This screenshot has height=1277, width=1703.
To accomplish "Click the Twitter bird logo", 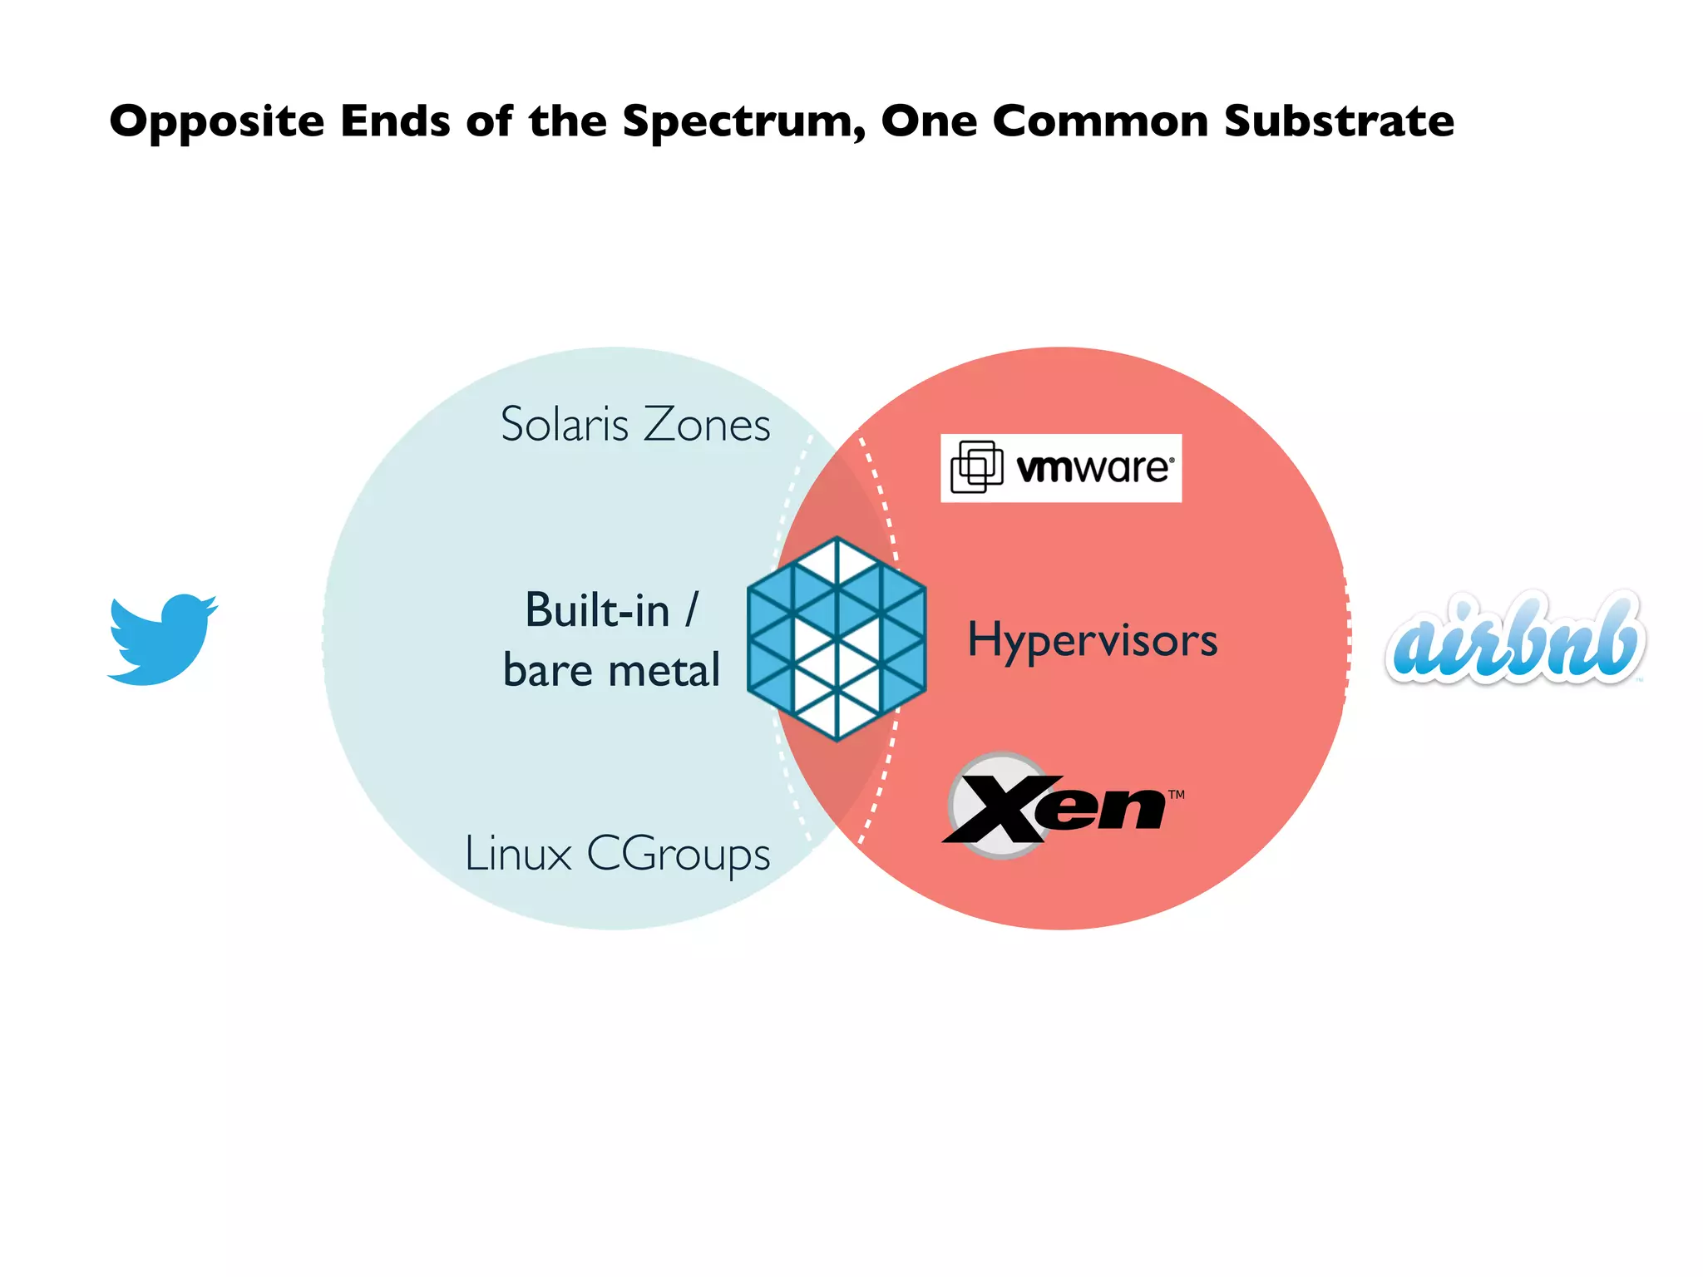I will tap(162, 638).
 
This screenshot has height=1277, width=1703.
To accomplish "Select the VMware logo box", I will tap(1061, 468).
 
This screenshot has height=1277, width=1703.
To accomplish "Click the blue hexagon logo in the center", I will tap(837, 638).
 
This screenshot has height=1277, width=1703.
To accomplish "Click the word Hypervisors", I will tap(1093, 640).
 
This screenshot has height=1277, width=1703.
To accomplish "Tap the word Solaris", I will tap(565, 424).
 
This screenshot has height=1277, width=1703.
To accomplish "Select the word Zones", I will tap(707, 424).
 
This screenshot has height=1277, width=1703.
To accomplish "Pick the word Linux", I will tap(518, 854).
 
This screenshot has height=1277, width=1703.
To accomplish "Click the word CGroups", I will tap(679, 855).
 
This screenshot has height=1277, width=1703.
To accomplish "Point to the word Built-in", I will tap(597, 610).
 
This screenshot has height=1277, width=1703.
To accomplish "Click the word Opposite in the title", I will tap(216, 122).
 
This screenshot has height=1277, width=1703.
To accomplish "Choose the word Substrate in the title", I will tap(1339, 121).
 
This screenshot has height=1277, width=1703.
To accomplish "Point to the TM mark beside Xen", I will tap(1176, 795).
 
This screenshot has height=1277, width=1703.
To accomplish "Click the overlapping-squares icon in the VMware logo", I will tap(977, 466).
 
